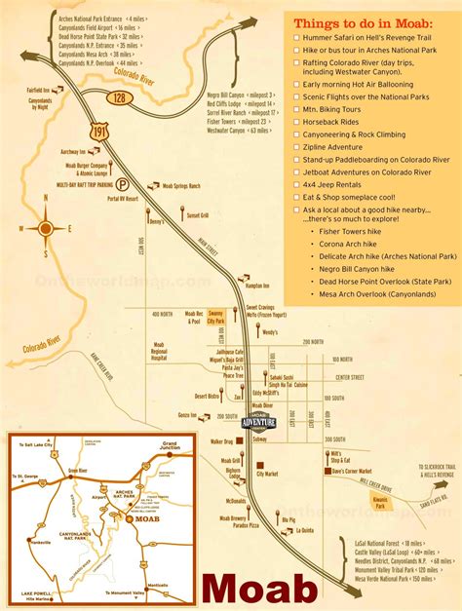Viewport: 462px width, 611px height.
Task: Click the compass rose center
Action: (x=46, y=229)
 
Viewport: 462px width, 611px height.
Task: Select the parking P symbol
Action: (x=122, y=181)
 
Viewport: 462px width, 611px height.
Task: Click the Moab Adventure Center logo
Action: (x=258, y=419)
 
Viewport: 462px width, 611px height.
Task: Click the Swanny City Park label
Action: (x=215, y=318)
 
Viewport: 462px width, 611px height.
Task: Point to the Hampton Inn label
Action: (x=257, y=286)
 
